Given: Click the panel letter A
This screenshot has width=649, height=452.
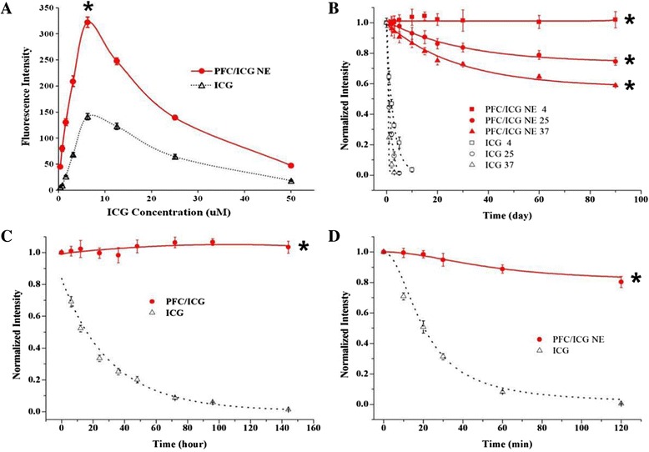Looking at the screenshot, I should pyautogui.click(x=9, y=9).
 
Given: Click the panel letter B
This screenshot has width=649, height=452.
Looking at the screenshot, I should pyautogui.click(x=335, y=9).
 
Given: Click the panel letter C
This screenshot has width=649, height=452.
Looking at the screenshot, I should pyautogui.click(x=9, y=238).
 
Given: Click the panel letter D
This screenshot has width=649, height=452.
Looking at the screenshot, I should pyautogui.click(x=335, y=238).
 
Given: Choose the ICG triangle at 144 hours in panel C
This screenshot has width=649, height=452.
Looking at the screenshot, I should pyautogui.click(x=289, y=409).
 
